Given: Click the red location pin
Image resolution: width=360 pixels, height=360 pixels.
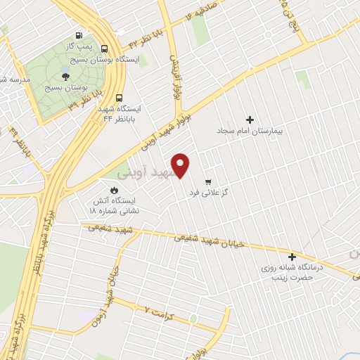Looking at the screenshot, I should (x=181, y=165).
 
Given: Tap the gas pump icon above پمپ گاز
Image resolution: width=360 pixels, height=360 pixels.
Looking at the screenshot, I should (x=79, y=37).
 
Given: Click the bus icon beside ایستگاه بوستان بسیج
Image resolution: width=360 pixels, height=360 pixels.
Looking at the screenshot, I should (x=104, y=49).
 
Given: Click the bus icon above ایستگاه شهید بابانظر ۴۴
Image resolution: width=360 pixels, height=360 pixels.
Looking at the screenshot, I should (x=118, y=98).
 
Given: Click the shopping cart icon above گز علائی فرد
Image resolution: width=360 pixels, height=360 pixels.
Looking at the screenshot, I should (x=207, y=181).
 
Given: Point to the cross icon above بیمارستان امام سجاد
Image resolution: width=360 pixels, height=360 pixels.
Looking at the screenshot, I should (x=249, y=120).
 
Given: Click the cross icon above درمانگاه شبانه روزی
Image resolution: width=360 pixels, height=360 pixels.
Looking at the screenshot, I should (x=292, y=256).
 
